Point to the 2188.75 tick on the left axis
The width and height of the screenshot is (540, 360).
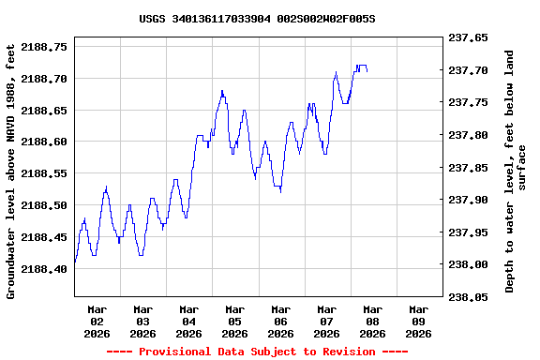click(x=44, y=46)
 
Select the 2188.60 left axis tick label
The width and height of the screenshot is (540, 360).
click(x=44, y=142)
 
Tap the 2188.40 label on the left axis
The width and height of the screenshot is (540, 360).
click(x=44, y=269)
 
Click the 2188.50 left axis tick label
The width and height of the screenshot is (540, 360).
click(x=44, y=205)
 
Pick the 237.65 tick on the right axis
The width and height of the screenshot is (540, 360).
click(x=468, y=38)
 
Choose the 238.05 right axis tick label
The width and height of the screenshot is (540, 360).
click(x=468, y=297)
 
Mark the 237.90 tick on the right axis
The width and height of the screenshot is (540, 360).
click(x=468, y=200)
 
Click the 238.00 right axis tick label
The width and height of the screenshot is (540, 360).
click(x=468, y=264)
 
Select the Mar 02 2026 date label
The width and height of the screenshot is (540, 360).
click(x=97, y=321)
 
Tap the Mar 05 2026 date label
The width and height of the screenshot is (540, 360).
click(x=234, y=321)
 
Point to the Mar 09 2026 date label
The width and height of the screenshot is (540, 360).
click(x=418, y=321)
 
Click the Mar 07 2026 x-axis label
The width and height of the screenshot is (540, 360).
click(x=326, y=321)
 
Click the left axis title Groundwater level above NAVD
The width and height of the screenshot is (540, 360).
click(x=11, y=171)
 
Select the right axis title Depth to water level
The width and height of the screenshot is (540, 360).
click(x=516, y=171)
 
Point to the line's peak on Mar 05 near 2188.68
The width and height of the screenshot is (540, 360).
click(x=222, y=91)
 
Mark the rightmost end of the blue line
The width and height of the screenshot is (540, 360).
click(x=367, y=71)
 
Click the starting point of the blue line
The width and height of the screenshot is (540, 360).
click(x=75, y=262)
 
